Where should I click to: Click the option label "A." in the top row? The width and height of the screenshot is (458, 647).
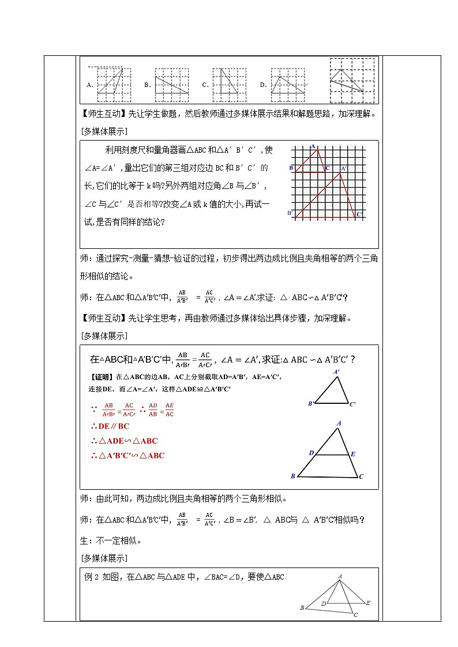(90, 85)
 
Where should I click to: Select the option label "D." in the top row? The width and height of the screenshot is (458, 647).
(263, 85)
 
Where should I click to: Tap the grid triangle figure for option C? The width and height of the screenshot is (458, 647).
(229, 81)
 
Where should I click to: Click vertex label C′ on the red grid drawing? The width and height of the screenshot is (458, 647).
(359, 214)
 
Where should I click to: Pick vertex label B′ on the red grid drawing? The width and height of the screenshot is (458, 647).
(291, 213)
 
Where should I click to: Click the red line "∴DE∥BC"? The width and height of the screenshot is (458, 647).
(110, 426)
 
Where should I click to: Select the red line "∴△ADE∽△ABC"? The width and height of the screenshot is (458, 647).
(124, 441)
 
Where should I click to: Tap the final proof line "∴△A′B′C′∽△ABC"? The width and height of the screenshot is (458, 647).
(127, 455)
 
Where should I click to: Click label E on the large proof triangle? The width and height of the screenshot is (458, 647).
(353, 454)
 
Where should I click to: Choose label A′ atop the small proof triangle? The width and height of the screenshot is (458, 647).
(336, 372)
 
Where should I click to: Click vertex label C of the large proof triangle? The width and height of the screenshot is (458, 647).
(361, 476)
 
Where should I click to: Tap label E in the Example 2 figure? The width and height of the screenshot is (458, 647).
(367, 603)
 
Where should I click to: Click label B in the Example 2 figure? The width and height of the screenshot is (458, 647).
(302, 608)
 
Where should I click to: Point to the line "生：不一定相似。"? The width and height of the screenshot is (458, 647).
(110, 540)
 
